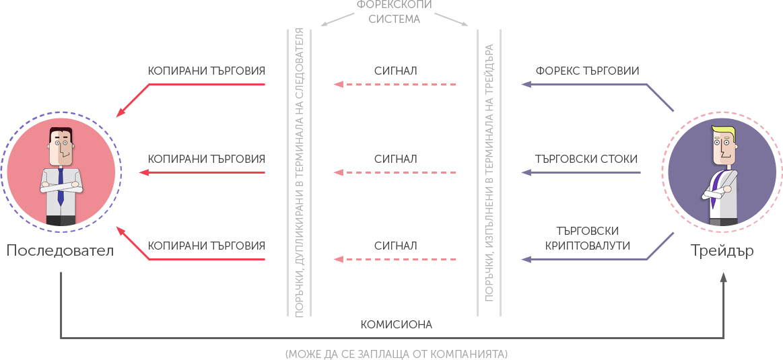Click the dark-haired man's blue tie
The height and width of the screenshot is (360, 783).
tap(61, 185)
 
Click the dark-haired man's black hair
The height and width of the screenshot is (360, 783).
tap(61, 132)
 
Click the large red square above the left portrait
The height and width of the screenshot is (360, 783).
tap(135, 98)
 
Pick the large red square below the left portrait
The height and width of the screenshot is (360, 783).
tap(135, 246)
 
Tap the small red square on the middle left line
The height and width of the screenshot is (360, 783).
tap(143, 173)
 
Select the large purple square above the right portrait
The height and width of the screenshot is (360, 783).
tap(660, 98)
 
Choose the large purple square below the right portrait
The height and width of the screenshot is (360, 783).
tap(660, 246)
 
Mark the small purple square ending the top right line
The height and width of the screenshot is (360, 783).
tap(526, 85)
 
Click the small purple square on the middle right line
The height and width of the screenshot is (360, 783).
tap(526, 173)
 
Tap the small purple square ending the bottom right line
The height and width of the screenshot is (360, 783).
tap(526, 259)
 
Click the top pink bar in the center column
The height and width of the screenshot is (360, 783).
tap(395, 85)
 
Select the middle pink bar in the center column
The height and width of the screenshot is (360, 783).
tap(395, 173)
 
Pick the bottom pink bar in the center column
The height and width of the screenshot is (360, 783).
tap(395, 260)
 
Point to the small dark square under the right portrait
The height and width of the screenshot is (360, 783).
tap(723, 277)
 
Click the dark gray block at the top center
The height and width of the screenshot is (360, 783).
tap(394, 11)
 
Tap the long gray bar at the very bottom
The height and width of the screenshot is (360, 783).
tap(396, 355)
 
